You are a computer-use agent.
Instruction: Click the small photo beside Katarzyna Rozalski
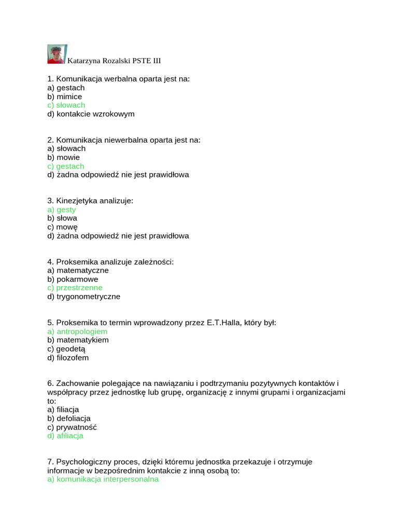[56, 54]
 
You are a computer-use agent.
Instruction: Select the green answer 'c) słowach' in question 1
[66, 105]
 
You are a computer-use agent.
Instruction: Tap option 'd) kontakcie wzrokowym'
[91, 114]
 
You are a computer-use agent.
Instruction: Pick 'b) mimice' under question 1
[64, 96]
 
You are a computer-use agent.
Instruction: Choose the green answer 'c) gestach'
[65, 166]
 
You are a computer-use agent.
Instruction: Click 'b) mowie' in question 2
[63, 158]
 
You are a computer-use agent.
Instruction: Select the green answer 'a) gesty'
[61, 209]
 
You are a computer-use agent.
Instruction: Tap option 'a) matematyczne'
[78, 271]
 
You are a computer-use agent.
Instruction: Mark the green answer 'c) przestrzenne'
[75, 288]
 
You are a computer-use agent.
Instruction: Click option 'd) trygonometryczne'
[83, 297]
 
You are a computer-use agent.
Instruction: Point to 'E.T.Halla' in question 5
[224, 323]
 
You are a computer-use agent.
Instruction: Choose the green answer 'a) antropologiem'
[77, 331]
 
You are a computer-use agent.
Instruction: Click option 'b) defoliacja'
[69, 418]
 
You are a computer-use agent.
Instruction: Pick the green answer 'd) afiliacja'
[65, 436]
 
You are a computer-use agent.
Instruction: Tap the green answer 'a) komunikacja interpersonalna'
[103, 480]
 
